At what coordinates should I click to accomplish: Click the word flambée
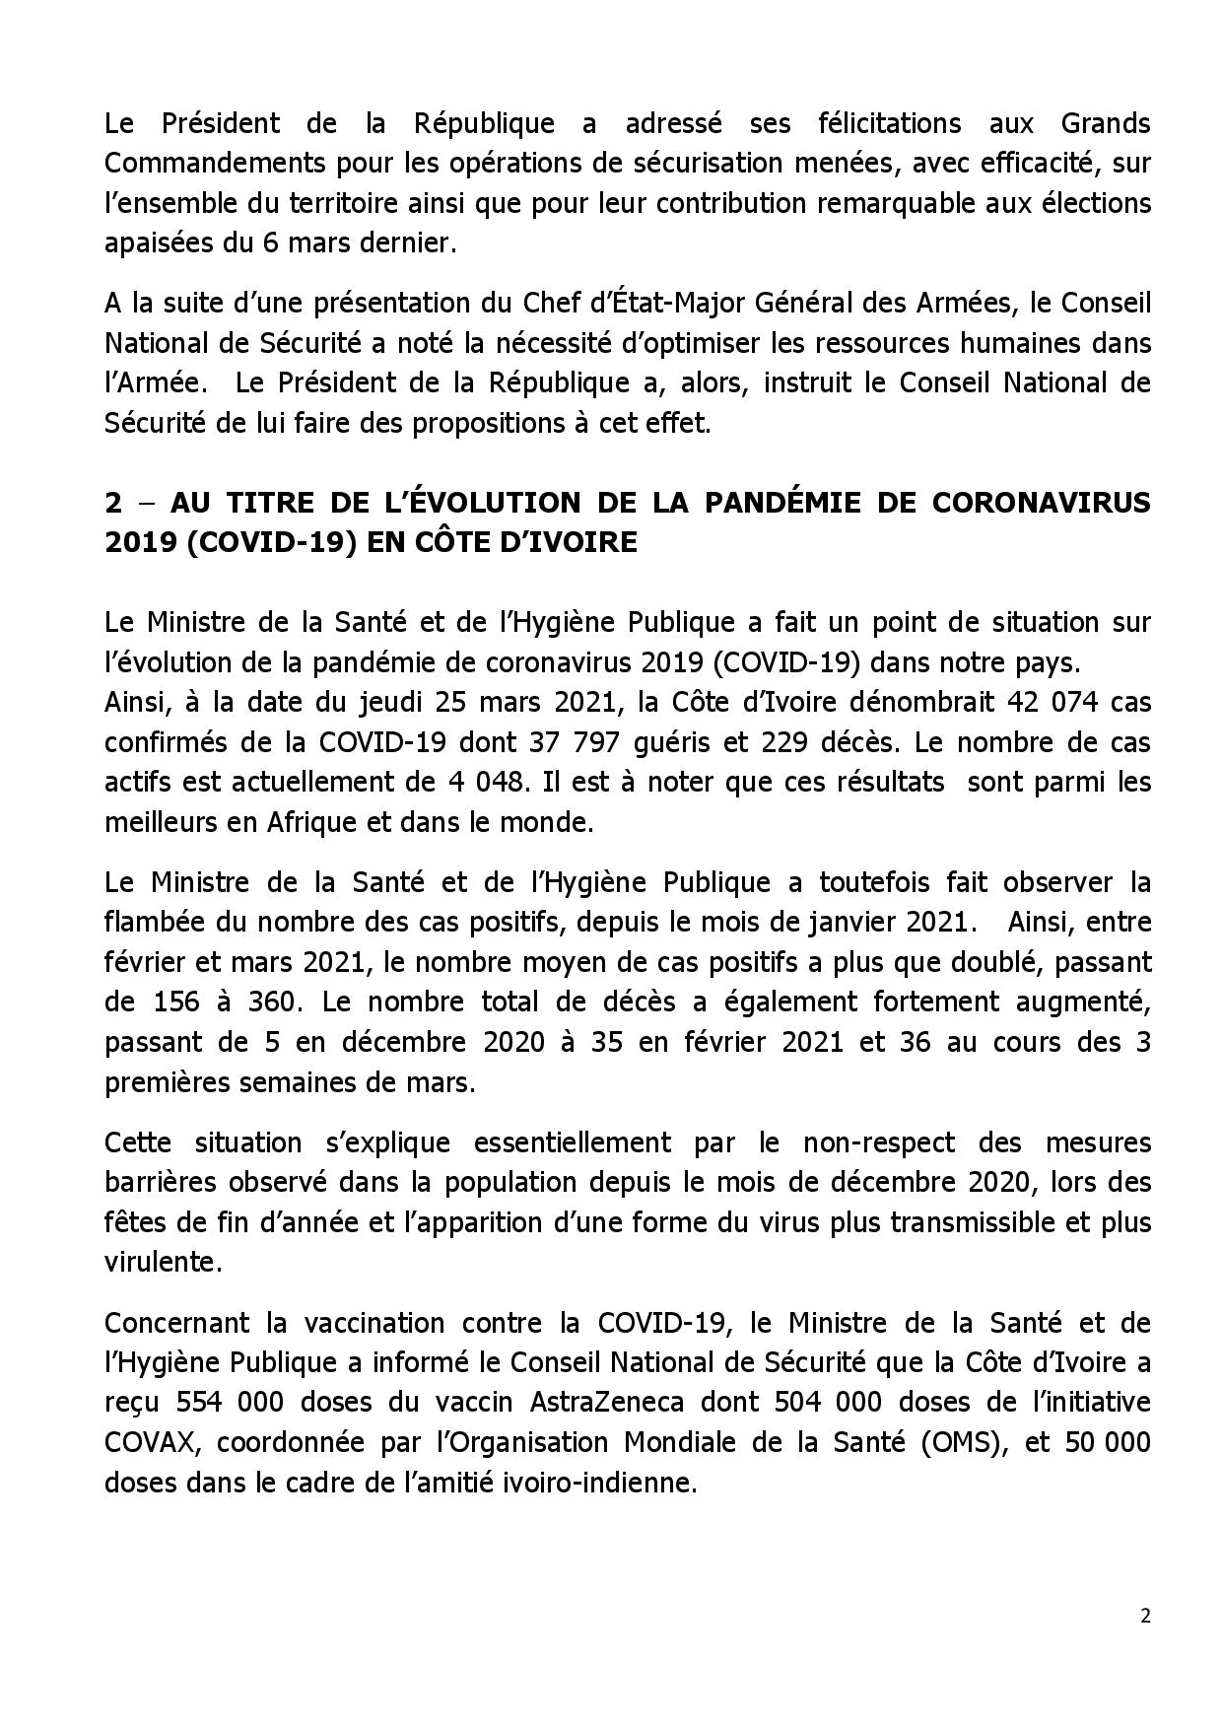click(154, 923)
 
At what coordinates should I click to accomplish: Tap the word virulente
click(163, 1263)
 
